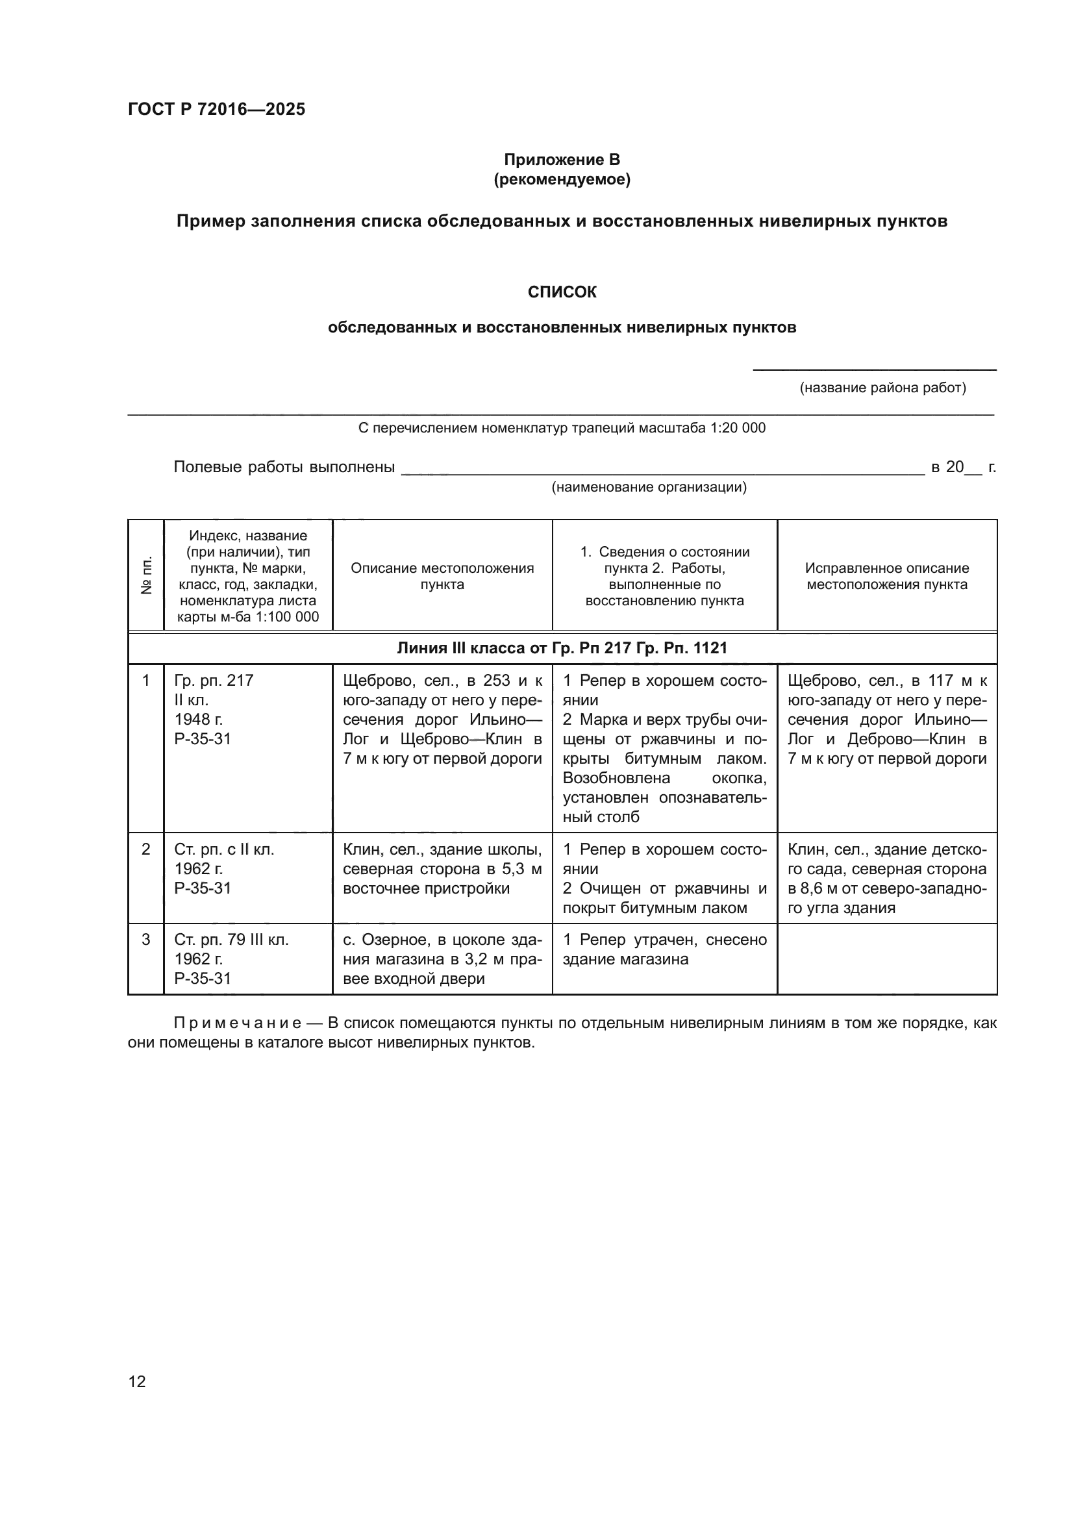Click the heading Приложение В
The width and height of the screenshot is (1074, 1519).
pyautogui.click(x=562, y=160)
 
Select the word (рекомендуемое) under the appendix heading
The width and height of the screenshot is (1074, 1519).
pyautogui.click(x=562, y=179)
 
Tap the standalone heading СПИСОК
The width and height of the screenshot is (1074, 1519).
pyautogui.click(x=562, y=292)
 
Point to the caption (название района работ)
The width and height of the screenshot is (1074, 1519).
pyautogui.click(x=882, y=388)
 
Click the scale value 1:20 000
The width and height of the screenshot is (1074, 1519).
pyautogui.click(x=738, y=428)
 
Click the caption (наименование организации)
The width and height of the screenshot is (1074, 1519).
pyautogui.click(x=649, y=488)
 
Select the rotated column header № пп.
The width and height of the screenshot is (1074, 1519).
pyautogui.click(x=146, y=575)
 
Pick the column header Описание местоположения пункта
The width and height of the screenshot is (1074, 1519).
pyautogui.click(x=442, y=575)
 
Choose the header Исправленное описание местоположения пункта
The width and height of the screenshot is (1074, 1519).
pyautogui.click(x=886, y=575)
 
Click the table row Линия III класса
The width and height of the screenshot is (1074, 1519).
pyautogui.click(x=562, y=647)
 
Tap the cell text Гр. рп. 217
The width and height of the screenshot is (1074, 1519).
pyautogui.click(x=214, y=681)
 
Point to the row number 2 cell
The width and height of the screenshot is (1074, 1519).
pyautogui.click(x=146, y=849)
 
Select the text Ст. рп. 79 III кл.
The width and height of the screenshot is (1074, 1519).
pyautogui.click(x=231, y=940)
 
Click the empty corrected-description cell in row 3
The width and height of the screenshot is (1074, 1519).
pyautogui.click(x=886, y=959)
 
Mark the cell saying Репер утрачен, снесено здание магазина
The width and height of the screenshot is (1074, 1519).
pyautogui.click(x=664, y=949)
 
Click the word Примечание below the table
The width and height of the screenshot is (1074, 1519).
pyautogui.click(x=238, y=1023)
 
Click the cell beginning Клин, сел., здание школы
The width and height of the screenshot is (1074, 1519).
pyautogui.click(x=442, y=869)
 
